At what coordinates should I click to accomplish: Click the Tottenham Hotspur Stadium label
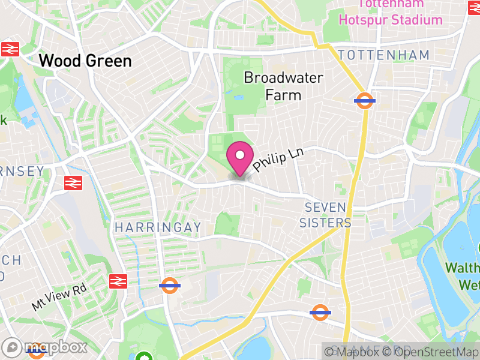click(x=390, y=13)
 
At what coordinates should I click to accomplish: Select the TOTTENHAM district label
click(x=383, y=55)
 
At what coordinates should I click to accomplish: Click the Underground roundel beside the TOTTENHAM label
click(x=365, y=101)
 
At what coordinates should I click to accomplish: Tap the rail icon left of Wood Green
click(x=10, y=49)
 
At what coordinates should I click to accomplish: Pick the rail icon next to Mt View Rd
click(x=118, y=281)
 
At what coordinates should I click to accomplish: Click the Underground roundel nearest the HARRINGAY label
click(x=170, y=286)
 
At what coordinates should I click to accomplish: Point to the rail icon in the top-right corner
click(x=474, y=7)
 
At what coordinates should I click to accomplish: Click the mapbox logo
click(x=45, y=347)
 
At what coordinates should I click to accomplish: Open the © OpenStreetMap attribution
click(x=431, y=352)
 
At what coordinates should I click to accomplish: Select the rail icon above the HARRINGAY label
click(x=73, y=182)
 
